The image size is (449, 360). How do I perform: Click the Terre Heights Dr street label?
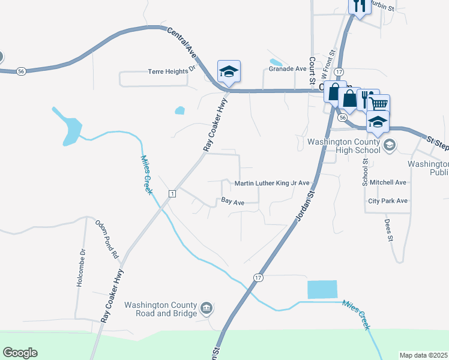click(x=172, y=71)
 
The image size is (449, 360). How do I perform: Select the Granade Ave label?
click(x=288, y=69)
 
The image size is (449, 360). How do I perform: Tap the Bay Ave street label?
click(x=232, y=203)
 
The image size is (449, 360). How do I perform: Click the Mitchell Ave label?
click(x=388, y=182)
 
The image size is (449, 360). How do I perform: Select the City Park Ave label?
click(x=388, y=201)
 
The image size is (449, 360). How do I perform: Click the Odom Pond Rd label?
click(x=107, y=239)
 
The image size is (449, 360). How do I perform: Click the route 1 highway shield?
click(x=172, y=193)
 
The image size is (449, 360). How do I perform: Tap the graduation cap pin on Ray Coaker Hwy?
click(x=229, y=72)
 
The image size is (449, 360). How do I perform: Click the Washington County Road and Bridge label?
click(x=161, y=309)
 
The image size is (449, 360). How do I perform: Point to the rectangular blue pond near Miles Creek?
click(x=322, y=290)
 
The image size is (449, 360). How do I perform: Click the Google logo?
click(x=20, y=353)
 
